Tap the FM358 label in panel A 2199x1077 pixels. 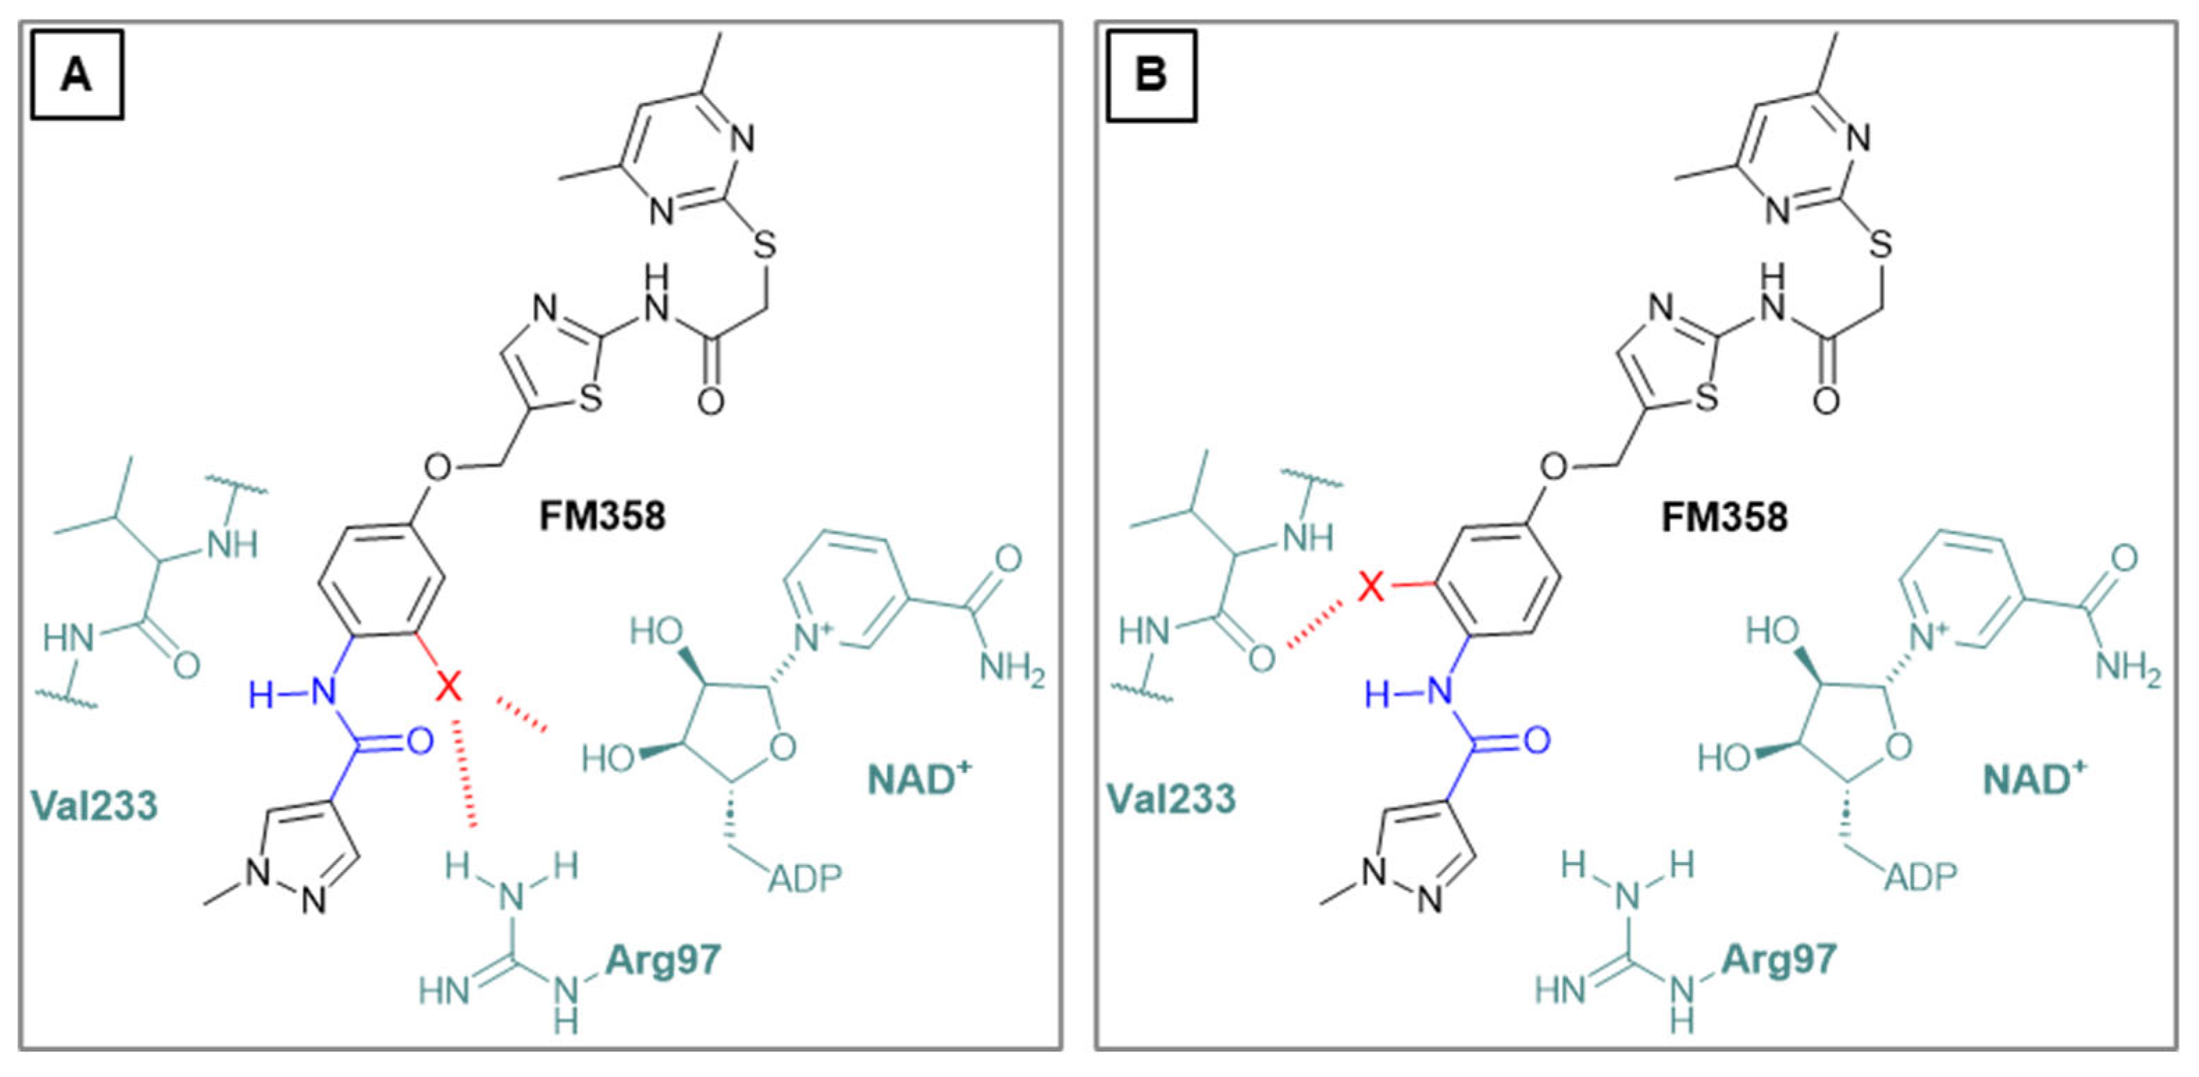(x=602, y=516)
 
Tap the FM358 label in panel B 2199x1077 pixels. (x=1724, y=517)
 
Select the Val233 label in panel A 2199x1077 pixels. (x=94, y=804)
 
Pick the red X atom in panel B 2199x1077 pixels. (x=1371, y=587)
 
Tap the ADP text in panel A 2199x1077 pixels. (x=805, y=877)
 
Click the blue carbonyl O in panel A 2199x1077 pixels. (x=418, y=741)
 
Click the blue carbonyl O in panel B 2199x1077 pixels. (x=1536, y=740)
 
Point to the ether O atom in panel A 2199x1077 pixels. (x=438, y=467)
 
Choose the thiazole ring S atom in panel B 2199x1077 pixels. (x=1706, y=397)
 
